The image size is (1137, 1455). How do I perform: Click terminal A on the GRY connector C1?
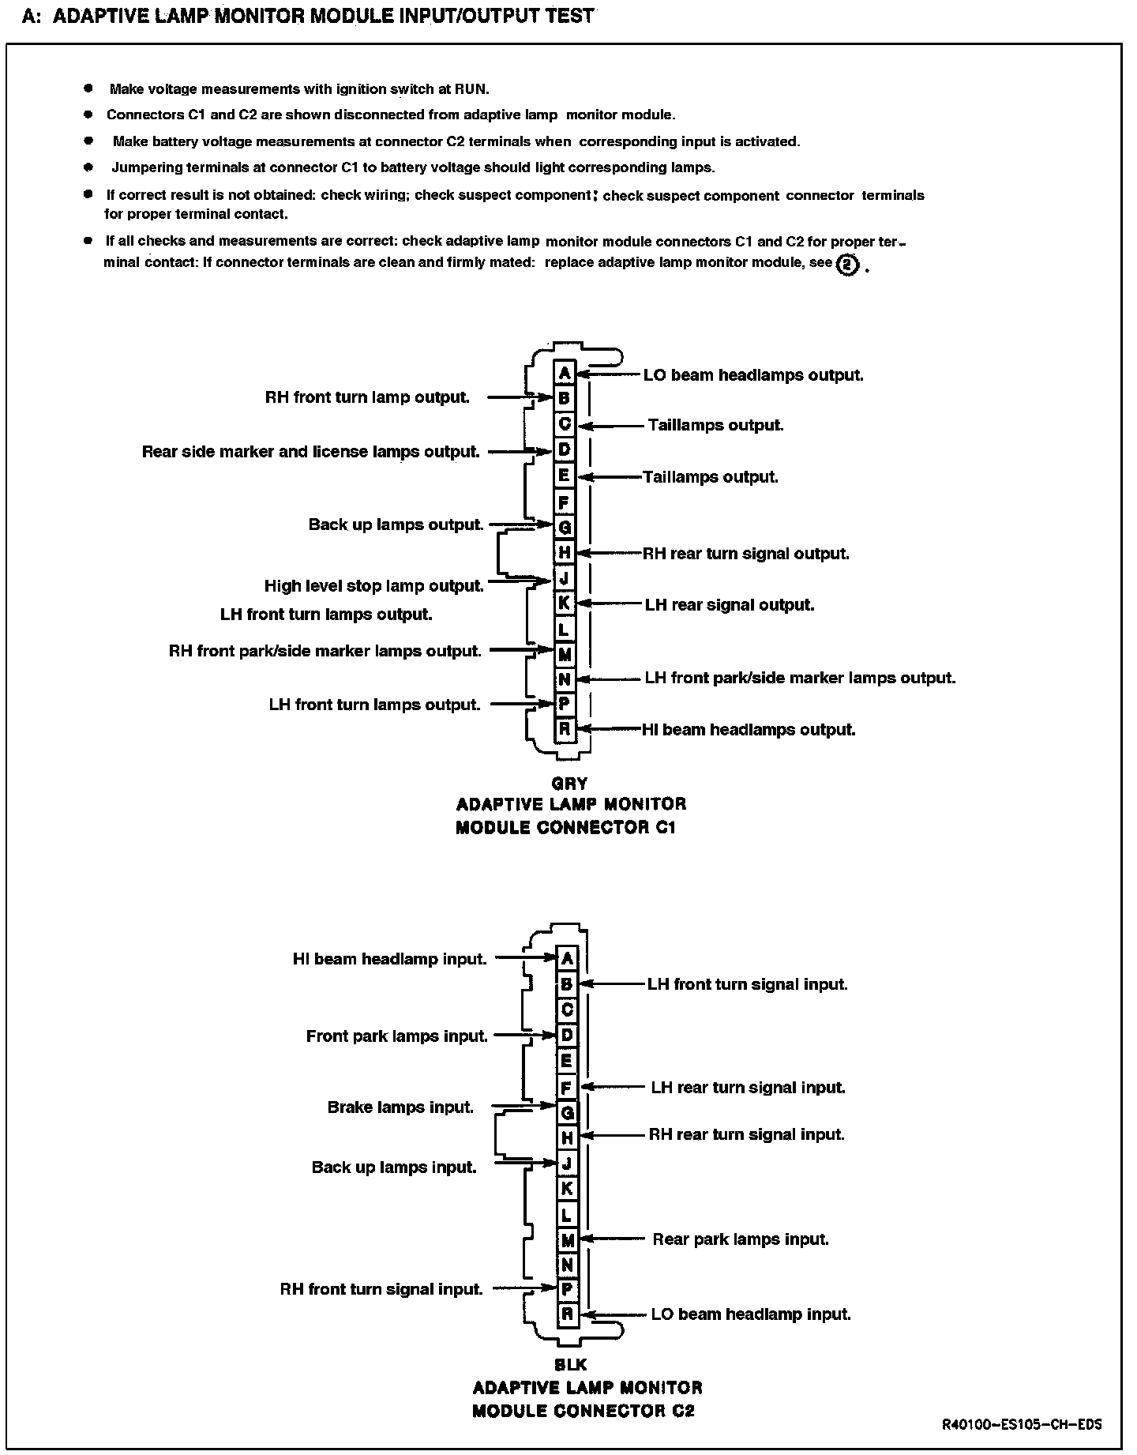pyautogui.click(x=564, y=374)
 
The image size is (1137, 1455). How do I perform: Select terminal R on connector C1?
pyautogui.click(x=564, y=729)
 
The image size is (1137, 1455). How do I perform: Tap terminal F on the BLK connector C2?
pyautogui.click(x=566, y=1088)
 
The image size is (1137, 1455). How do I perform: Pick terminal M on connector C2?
pyautogui.click(x=566, y=1239)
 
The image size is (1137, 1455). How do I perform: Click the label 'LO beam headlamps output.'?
pyautogui.click(x=753, y=375)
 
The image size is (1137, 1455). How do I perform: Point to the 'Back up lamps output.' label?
pyautogui.click(x=396, y=525)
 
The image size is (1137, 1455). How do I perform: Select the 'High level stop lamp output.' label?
pyautogui.click(x=373, y=586)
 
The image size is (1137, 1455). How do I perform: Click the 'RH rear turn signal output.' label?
pyautogui.click(x=746, y=554)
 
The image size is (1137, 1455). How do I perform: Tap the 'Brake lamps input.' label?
pyautogui.click(x=400, y=1107)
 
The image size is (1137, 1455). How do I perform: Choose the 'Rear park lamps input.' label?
pyautogui.click(x=741, y=1239)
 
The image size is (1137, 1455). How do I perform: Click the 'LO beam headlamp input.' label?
pyautogui.click(x=751, y=1314)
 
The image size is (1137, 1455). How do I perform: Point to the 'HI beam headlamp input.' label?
pyautogui.click(x=389, y=959)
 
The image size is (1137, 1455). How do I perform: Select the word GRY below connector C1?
pyautogui.click(x=569, y=784)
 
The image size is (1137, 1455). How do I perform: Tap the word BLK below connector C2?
pyautogui.click(x=571, y=1364)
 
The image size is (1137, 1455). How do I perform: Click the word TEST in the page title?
pyautogui.click(x=568, y=15)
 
